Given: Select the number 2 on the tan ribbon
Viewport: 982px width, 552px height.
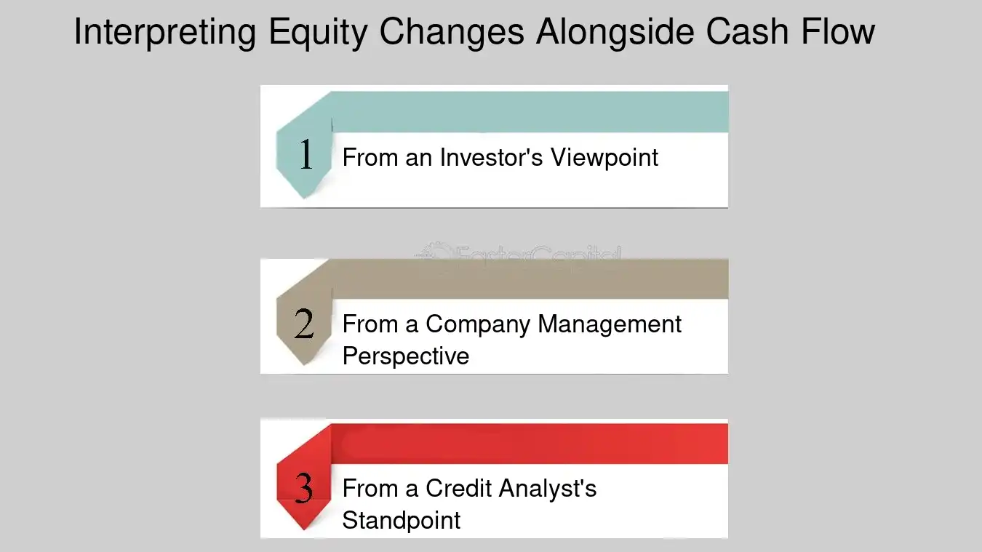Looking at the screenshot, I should (x=305, y=324).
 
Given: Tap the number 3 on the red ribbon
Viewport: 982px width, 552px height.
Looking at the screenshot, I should (x=304, y=488).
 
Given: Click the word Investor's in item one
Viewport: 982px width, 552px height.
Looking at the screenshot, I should (x=491, y=158).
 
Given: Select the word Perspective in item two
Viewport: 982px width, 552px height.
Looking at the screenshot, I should (x=406, y=356).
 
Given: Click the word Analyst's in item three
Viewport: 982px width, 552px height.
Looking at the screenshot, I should (x=548, y=488).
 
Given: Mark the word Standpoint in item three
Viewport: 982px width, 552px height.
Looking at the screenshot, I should (x=402, y=521).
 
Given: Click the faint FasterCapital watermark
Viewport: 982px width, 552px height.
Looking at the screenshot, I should (x=518, y=254).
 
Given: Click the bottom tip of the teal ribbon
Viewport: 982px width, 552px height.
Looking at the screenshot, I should (x=304, y=198).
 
